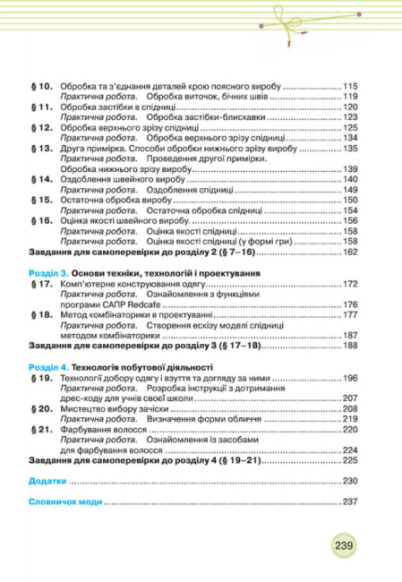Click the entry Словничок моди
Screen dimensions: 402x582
tap(62, 500)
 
